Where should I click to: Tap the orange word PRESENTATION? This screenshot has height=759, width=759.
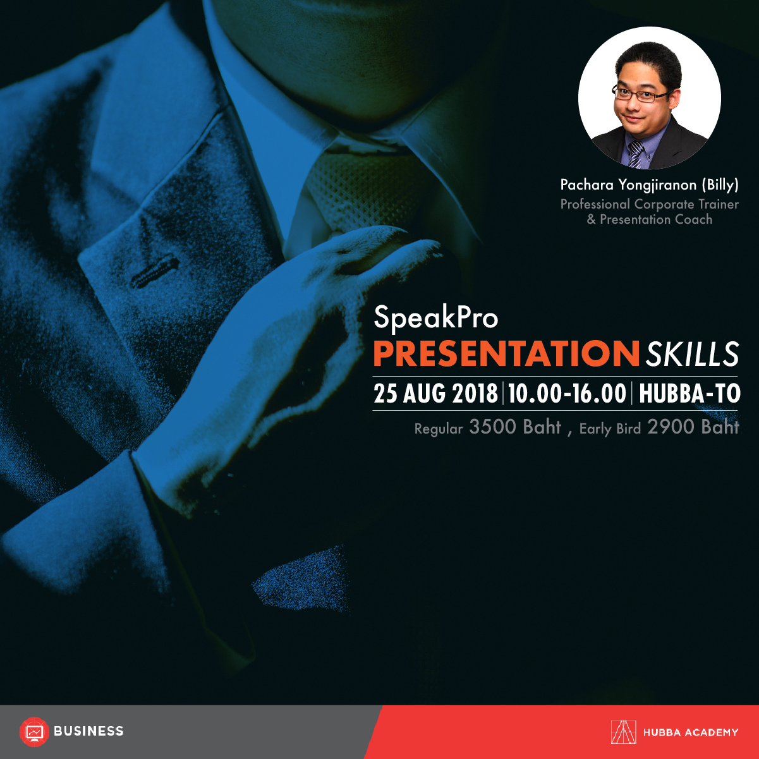click(506, 354)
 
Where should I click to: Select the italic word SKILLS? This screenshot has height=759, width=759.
click(692, 354)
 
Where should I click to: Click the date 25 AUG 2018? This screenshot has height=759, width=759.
click(435, 394)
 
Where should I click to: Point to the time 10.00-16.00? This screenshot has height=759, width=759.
click(567, 394)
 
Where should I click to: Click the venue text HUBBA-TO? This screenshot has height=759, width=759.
click(689, 394)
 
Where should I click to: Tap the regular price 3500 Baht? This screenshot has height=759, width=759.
click(515, 427)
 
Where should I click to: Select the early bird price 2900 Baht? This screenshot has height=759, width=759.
click(693, 427)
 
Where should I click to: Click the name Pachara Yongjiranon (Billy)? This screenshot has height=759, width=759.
click(650, 185)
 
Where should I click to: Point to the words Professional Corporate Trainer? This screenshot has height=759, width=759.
click(650, 204)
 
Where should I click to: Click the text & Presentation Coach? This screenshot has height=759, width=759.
click(650, 219)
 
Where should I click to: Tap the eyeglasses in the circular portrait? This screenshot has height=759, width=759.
click(642, 94)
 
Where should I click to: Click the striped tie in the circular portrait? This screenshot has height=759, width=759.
click(635, 154)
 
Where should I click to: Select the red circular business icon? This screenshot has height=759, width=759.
click(34, 732)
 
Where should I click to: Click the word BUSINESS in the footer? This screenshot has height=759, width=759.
click(88, 731)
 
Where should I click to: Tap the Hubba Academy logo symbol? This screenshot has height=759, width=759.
click(623, 732)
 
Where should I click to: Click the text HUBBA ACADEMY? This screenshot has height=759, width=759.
click(691, 732)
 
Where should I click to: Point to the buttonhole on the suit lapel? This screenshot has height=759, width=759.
click(154, 270)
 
